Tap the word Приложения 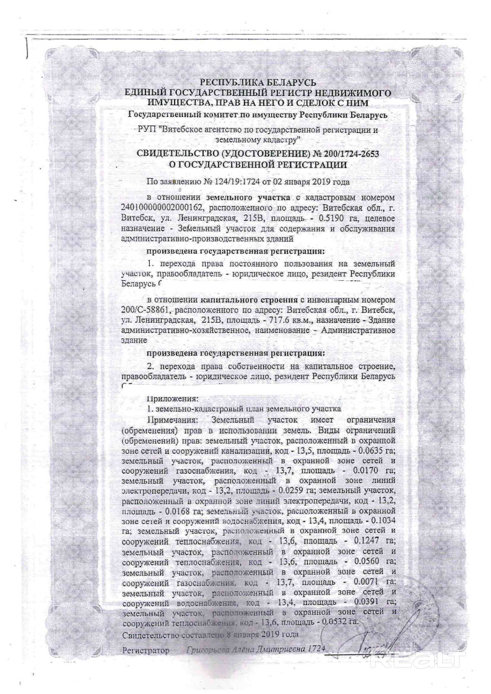pos(172,398)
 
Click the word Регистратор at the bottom pos(146,651)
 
